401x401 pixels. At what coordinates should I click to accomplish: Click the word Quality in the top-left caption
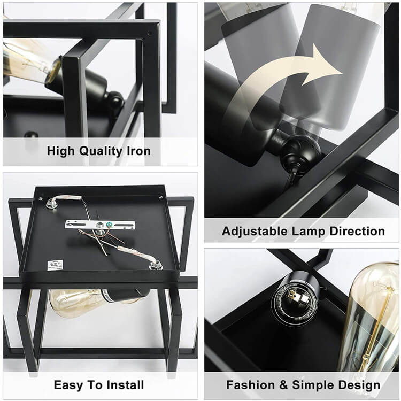point(100,151)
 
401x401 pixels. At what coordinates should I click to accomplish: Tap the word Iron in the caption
point(138,151)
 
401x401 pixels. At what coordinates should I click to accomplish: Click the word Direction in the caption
point(357,231)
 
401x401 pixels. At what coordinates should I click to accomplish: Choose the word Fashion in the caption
point(252,385)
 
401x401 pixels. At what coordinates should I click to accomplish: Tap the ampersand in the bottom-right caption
point(285,385)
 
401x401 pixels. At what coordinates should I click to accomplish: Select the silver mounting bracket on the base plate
point(101,225)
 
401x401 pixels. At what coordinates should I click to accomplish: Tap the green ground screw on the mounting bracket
point(111,225)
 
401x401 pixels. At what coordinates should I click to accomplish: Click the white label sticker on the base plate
point(55,265)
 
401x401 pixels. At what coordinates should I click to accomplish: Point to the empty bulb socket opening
point(295,302)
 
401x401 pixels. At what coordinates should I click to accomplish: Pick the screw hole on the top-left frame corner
point(150,33)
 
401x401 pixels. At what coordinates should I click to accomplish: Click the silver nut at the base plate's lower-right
point(156,266)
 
